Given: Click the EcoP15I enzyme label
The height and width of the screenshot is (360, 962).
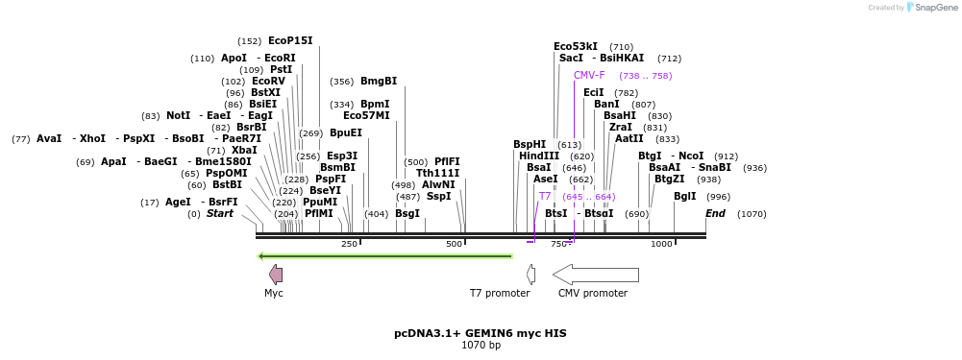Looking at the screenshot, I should (x=290, y=40).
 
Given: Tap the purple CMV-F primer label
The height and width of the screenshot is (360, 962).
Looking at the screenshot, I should (x=589, y=75).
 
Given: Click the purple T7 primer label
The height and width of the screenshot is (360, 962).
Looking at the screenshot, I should (x=545, y=196).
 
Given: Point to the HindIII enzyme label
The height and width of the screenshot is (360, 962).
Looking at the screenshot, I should (x=538, y=156).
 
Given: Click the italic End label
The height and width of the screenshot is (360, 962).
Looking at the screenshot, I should (x=715, y=213).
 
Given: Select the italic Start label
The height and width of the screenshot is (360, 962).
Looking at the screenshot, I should (x=219, y=213).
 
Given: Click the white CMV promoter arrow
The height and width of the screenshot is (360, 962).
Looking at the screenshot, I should (x=595, y=275).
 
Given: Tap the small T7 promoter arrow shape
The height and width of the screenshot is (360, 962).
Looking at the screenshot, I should (x=530, y=275).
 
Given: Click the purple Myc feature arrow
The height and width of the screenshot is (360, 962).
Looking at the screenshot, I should (x=276, y=275).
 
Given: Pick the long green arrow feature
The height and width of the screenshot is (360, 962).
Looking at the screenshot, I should (x=384, y=256).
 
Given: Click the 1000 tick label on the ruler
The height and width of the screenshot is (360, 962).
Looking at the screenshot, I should (x=661, y=244).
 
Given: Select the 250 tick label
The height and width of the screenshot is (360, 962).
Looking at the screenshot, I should (x=349, y=244).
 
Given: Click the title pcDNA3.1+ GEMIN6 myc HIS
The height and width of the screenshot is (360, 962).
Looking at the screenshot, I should (x=481, y=333).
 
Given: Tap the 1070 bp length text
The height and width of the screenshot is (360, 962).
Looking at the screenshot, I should (x=481, y=346).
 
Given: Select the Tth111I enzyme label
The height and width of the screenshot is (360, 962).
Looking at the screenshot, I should (x=437, y=173).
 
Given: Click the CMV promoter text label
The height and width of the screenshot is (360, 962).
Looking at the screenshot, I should (x=592, y=293).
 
